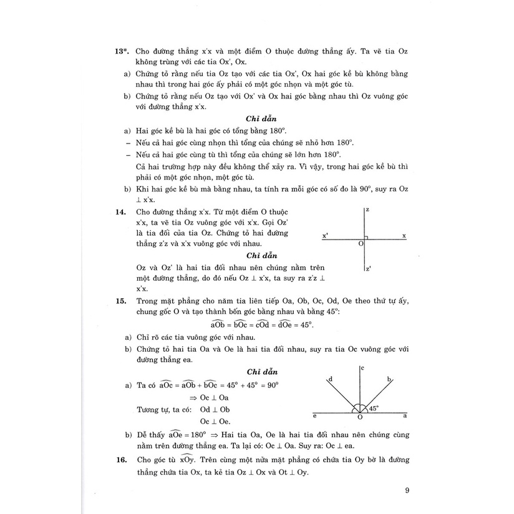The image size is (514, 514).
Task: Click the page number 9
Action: [407, 490]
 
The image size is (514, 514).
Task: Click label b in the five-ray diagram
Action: [389, 379]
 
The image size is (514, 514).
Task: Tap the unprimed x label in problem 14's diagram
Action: [404, 236]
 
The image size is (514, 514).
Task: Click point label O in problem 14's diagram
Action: [361, 245]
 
